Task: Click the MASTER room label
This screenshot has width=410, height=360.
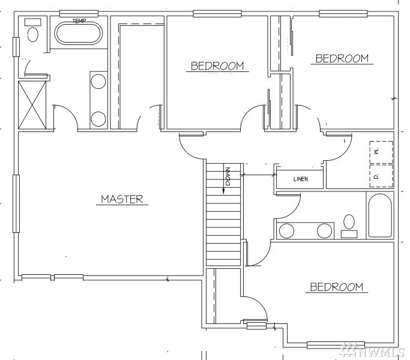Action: pyautogui.click(x=122, y=199)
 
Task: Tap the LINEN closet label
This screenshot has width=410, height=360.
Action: pyautogui.click(x=301, y=179)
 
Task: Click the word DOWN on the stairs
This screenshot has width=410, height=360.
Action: pyautogui.click(x=228, y=176)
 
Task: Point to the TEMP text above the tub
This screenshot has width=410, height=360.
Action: pyautogui.click(x=79, y=20)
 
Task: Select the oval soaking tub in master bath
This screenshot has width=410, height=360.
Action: pyautogui.click(x=79, y=33)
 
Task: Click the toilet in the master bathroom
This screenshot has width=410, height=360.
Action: pyautogui.click(x=32, y=31)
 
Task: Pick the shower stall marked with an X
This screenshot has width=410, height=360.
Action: pyautogui.click(x=32, y=105)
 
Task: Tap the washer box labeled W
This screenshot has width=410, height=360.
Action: pyautogui.click(x=381, y=152)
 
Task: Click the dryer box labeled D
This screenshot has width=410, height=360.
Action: pyautogui.click(x=381, y=176)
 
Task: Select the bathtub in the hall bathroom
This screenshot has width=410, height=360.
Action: pyautogui.click(x=379, y=215)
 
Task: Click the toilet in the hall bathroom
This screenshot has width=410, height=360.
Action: pyautogui.click(x=349, y=226)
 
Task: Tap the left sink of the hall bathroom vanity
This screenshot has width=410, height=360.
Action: pyautogui.click(x=286, y=231)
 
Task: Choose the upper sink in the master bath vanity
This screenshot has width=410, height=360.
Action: pyautogui.click(x=98, y=82)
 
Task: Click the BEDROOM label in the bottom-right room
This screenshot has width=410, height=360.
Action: pyautogui.click(x=337, y=287)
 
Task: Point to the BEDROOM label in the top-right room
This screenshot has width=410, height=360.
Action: pyautogui.click(x=342, y=59)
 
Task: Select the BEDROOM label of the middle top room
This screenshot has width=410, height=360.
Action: pyautogui.click(x=217, y=66)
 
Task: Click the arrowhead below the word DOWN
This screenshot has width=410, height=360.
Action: pyautogui.click(x=224, y=191)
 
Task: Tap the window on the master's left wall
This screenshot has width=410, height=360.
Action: pyautogui.click(x=16, y=203)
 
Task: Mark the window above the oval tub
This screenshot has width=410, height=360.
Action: pyautogui.click(x=79, y=13)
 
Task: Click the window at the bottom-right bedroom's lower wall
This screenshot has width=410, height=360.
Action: pyautogui.click(x=336, y=345)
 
